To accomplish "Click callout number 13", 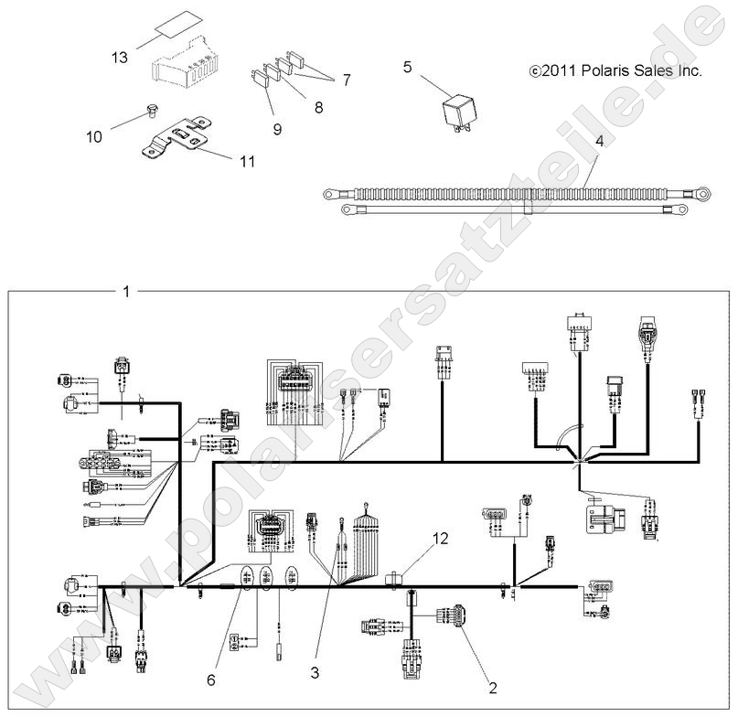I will point(120,58).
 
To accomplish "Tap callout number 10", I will point(94,137).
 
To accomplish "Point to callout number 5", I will point(408,66).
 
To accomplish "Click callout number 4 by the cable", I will point(599,142).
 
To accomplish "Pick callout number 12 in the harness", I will point(441,539).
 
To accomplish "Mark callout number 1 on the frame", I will point(126,292).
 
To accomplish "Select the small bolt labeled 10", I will point(150,114).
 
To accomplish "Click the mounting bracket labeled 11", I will point(183,139).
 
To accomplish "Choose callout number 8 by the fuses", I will point(318,107).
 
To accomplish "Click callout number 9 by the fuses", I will point(277,129).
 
